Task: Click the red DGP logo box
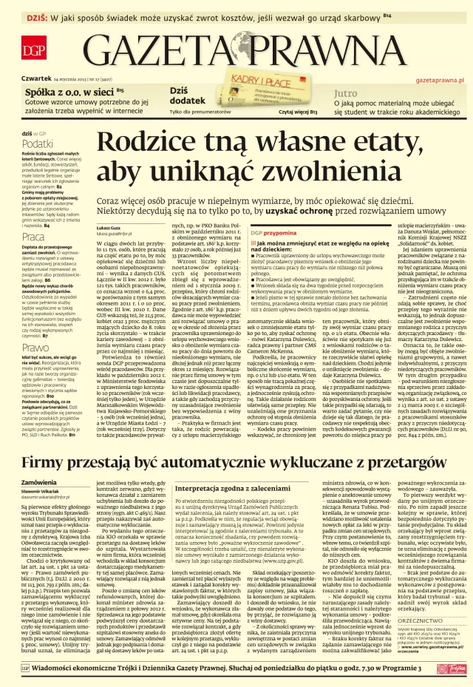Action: (x=33, y=50)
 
